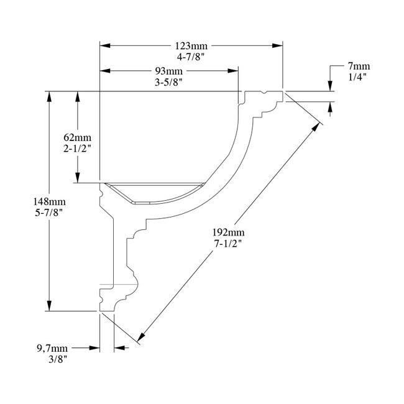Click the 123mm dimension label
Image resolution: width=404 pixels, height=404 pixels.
191,46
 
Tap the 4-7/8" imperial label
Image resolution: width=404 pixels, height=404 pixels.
191,57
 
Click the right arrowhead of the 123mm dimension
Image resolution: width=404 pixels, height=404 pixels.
278,46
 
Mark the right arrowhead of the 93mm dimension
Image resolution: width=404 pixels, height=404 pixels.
234,71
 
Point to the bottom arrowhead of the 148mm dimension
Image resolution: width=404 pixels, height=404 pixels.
48,306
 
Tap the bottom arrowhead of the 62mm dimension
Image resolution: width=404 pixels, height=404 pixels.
77,178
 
